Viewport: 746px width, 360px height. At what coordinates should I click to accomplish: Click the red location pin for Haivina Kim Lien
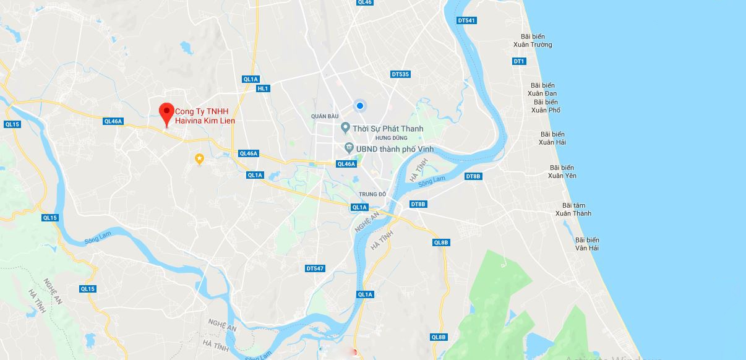tap(166, 113)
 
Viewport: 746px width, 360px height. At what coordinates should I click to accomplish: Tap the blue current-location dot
tap(359, 106)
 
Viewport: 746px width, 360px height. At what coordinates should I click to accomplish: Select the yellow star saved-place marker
tap(199, 159)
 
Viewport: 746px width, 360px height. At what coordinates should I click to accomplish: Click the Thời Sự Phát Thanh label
tap(388, 129)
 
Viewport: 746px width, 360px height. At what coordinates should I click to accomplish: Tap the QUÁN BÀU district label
tap(325, 116)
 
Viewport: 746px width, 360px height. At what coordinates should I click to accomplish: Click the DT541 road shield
tap(466, 20)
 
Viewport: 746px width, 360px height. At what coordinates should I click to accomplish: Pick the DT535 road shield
tap(400, 74)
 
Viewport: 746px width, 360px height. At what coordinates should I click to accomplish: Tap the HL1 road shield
tap(263, 88)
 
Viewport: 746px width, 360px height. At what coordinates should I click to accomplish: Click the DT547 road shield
tap(315, 268)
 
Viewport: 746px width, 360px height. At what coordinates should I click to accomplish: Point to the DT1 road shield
tap(518, 61)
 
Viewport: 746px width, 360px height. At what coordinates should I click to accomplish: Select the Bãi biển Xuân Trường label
tap(533, 41)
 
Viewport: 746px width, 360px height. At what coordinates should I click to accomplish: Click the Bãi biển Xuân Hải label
tap(552, 138)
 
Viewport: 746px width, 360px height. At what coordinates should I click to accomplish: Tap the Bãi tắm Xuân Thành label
tap(573, 209)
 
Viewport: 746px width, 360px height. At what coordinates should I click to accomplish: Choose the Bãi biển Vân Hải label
tap(587, 244)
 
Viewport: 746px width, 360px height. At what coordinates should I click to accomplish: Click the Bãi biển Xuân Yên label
tap(562, 171)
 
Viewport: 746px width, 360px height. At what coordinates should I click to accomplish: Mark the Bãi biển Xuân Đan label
tap(542, 89)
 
